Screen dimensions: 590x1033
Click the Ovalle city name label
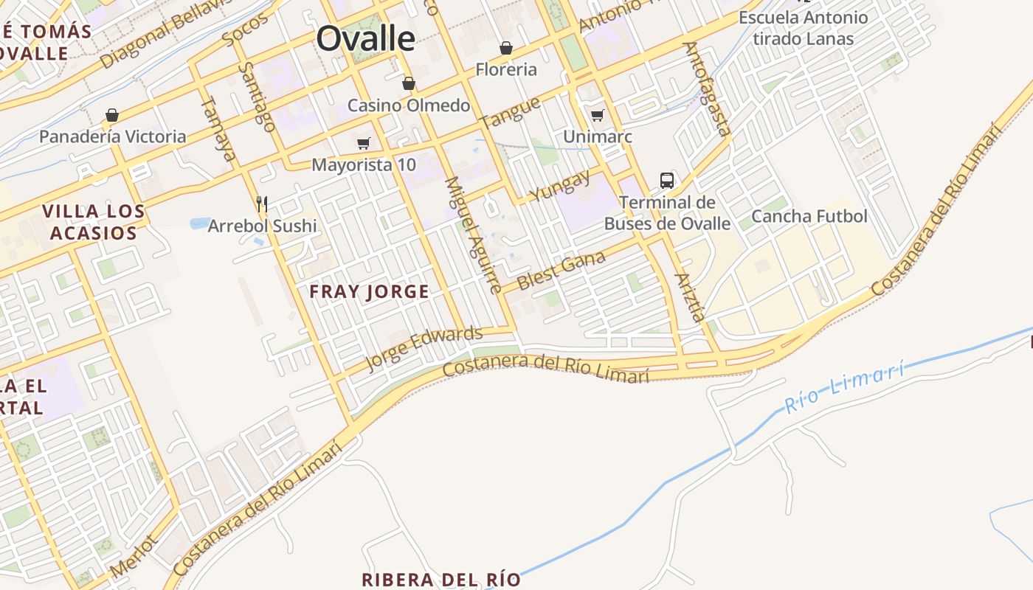pyautogui.click(x=365, y=38)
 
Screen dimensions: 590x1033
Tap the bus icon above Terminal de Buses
pyautogui.click(x=666, y=180)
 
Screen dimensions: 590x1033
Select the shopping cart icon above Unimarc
pyautogui.click(x=597, y=115)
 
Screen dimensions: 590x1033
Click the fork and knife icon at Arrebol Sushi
pyautogui.click(x=261, y=203)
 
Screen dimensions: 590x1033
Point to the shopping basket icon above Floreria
pyautogui.click(x=506, y=48)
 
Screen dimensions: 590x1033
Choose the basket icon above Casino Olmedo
pyautogui.click(x=408, y=83)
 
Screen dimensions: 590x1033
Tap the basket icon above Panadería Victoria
pyautogui.click(x=112, y=115)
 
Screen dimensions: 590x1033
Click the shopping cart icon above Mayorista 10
pyautogui.click(x=363, y=143)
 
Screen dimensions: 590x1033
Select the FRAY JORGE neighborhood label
pyautogui.click(x=369, y=291)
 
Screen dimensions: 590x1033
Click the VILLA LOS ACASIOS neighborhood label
pyautogui.click(x=93, y=222)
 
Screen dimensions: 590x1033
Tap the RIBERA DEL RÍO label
pyautogui.click(x=441, y=579)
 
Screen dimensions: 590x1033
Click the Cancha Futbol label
pyautogui.click(x=809, y=216)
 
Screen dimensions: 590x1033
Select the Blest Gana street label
pyautogui.click(x=562, y=271)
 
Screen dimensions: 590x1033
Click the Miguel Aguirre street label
pyautogui.click(x=473, y=235)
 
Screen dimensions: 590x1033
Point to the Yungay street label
pyautogui.click(x=560, y=185)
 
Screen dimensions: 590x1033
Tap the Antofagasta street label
pyautogui.click(x=706, y=88)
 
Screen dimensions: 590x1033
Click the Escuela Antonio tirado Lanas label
pyautogui.click(x=803, y=28)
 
